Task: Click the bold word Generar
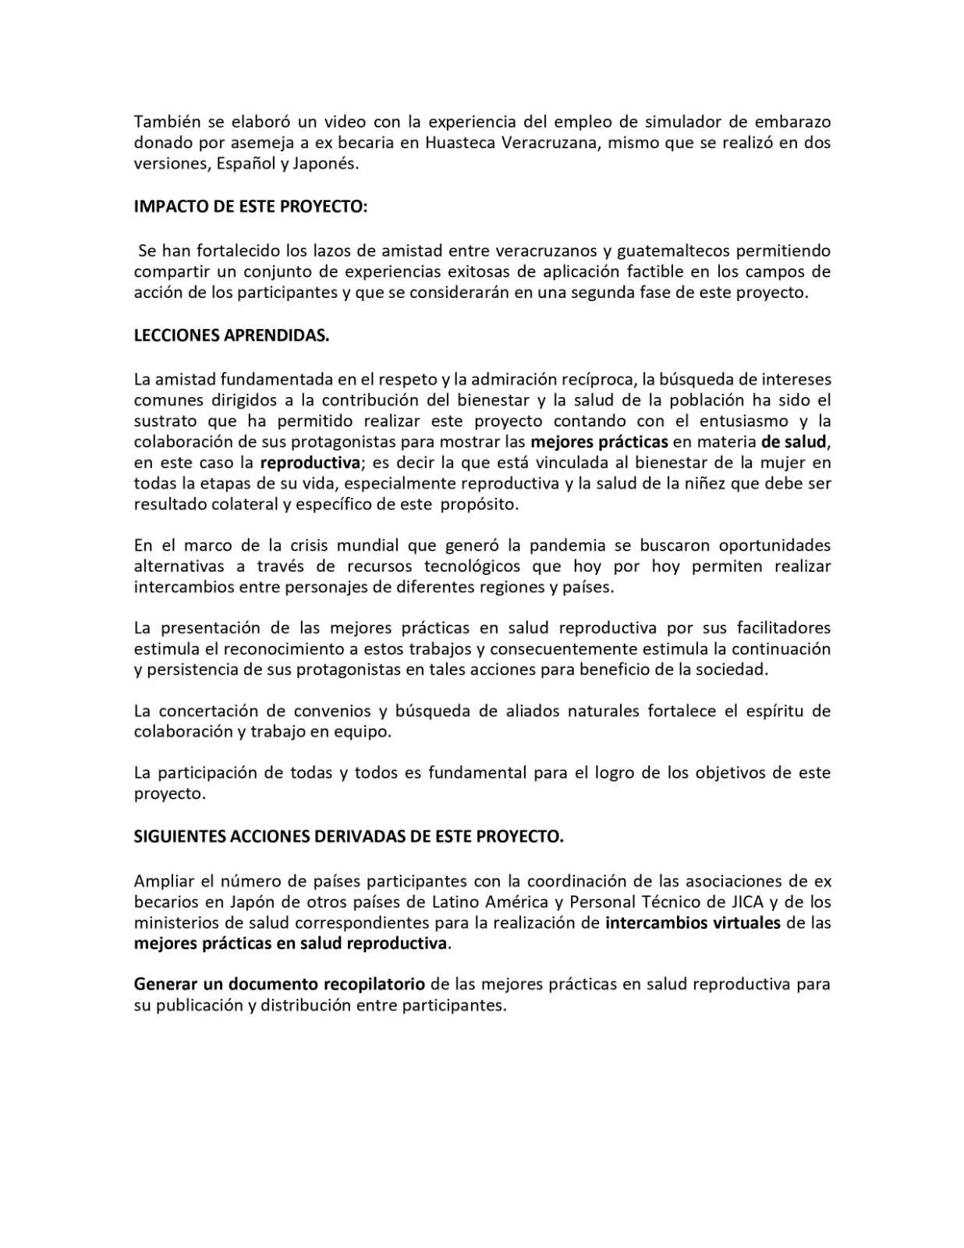[x=165, y=984]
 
